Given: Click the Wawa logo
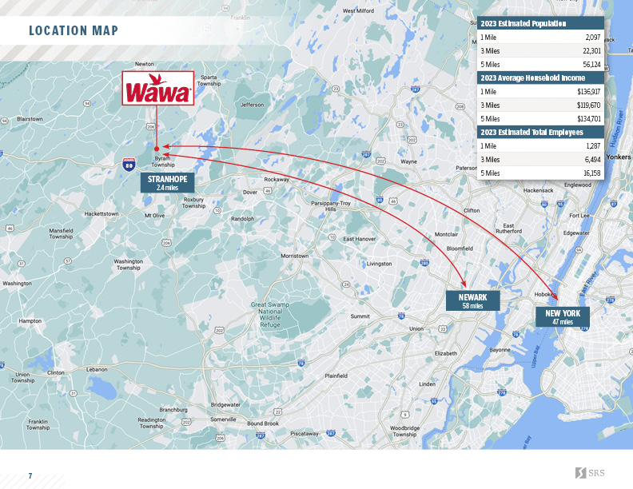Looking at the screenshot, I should click(157, 88).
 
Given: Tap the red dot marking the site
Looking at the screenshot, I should click(157, 148).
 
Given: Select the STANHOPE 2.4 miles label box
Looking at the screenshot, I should click(167, 182).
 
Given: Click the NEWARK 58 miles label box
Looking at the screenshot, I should click(472, 300).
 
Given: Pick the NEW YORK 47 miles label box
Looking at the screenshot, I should click(563, 316).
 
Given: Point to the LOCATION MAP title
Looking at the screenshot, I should click(74, 31).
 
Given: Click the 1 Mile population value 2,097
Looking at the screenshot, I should click(592, 38).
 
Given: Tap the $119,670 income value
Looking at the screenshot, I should click(588, 105).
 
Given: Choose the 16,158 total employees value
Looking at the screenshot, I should click(591, 172).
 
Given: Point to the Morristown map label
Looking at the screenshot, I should click(294, 256).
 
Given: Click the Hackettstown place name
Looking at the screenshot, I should click(102, 214).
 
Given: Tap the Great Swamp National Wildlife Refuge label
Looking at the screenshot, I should click(271, 315).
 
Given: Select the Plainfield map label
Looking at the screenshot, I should click(336, 375).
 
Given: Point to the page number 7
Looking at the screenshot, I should click(30, 475).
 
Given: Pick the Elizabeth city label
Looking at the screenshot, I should click(445, 352).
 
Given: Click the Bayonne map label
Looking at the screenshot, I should click(500, 349).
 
